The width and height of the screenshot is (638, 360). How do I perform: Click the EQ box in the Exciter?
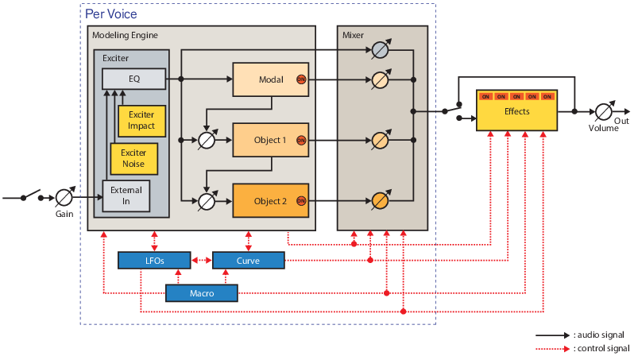[x=133, y=79]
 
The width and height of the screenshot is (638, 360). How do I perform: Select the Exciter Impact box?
[x=141, y=120]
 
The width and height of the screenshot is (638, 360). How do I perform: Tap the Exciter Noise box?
[x=133, y=159]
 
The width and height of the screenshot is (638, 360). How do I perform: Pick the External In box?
[x=126, y=195]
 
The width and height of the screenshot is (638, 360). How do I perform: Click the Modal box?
[x=270, y=79]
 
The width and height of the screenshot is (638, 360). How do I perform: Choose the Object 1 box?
[x=270, y=140]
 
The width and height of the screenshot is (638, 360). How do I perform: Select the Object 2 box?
[x=270, y=201]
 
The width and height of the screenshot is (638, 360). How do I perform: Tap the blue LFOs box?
[x=154, y=260]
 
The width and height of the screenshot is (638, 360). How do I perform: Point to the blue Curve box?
[x=249, y=260]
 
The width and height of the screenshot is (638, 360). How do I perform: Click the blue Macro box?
[x=202, y=293]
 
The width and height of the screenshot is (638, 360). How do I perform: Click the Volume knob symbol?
[x=603, y=112]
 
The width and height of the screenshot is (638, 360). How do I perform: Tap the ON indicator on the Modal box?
[x=300, y=79]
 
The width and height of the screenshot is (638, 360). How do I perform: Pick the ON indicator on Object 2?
[x=300, y=201]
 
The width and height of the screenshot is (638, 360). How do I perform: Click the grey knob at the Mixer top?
[x=381, y=51]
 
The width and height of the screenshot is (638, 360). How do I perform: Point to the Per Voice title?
[x=110, y=14]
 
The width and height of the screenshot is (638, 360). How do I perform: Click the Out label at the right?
[x=621, y=121]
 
